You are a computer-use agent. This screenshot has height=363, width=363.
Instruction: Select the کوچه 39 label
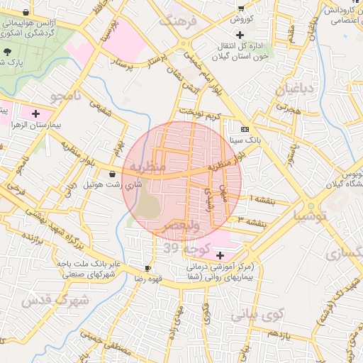[x=185, y=247]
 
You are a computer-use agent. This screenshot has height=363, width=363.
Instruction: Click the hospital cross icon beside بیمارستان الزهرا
[x=35, y=113]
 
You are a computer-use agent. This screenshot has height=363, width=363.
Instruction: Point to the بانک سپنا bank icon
[x=245, y=130]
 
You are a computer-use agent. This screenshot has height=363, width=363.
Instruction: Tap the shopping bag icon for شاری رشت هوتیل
[x=112, y=173]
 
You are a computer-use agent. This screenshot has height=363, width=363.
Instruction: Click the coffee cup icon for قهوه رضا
[x=147, y=268]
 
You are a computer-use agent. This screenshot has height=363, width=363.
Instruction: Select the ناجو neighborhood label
[x=66, y=97]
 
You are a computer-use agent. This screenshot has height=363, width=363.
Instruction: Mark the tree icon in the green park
[x=8, y=52]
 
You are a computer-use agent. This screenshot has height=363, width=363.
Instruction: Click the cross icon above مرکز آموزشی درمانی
[x=220, y=255]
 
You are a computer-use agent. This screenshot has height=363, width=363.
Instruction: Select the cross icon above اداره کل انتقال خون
[x=241, y=35]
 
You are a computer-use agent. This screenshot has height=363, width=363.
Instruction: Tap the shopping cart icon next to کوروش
[x=241, y=9]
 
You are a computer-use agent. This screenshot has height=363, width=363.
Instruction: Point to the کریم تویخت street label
[x=200, y=114]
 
